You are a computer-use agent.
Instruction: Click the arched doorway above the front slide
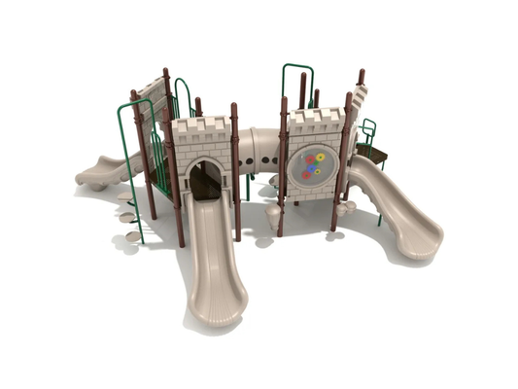(204, 177)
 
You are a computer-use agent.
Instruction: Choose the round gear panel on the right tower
(312, 165)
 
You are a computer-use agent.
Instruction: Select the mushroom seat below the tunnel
(272, 212)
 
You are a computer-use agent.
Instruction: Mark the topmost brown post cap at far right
(361, 75)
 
